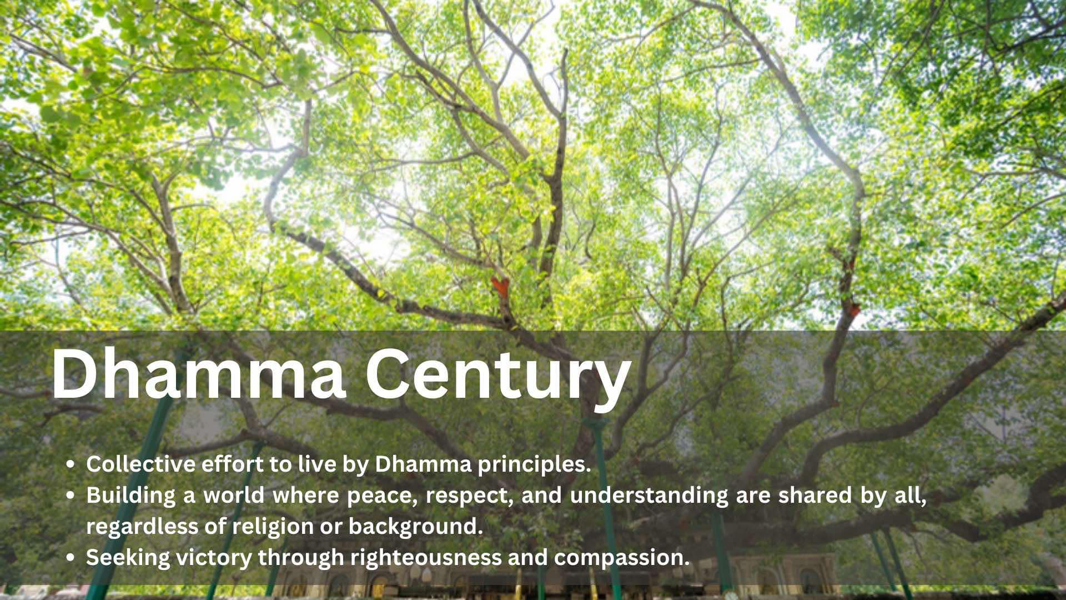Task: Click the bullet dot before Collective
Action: [71, 466]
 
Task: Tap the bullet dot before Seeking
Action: [71, 559]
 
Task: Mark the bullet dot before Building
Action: [71, 497]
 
